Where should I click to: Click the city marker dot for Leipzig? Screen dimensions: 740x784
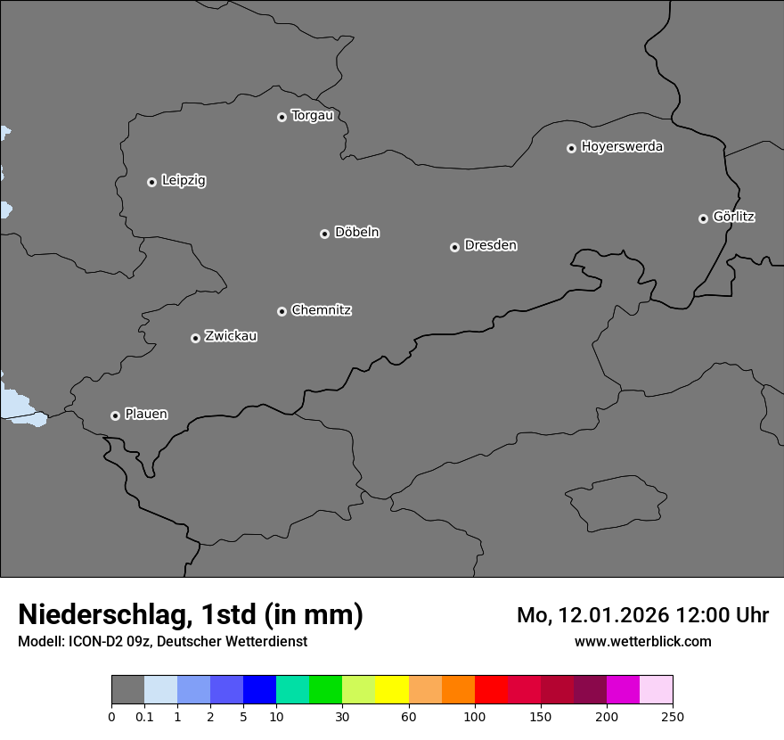[151, 182]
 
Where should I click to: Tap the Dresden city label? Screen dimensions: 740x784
[490, 245]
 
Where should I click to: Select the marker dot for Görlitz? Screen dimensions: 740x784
[703, 218]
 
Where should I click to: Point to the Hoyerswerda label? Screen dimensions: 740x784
[622, 147]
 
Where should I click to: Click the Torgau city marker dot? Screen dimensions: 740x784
[282, 117]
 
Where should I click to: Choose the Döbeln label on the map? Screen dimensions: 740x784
[356, 233]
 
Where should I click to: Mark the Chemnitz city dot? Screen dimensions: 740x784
[282, 311]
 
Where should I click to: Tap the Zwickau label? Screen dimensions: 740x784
[231, 336]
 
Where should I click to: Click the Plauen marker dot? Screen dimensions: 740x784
[115, 415]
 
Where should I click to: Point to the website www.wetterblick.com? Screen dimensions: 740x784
[642, 641]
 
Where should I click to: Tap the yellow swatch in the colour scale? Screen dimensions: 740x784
[392, 690]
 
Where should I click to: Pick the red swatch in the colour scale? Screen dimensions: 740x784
[491, 690]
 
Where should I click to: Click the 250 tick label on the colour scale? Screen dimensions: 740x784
[673, 716]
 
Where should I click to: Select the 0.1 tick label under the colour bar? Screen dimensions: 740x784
[144, 716]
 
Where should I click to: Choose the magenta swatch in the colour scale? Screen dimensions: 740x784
[623, 690]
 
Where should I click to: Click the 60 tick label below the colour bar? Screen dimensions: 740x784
[409, 716]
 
